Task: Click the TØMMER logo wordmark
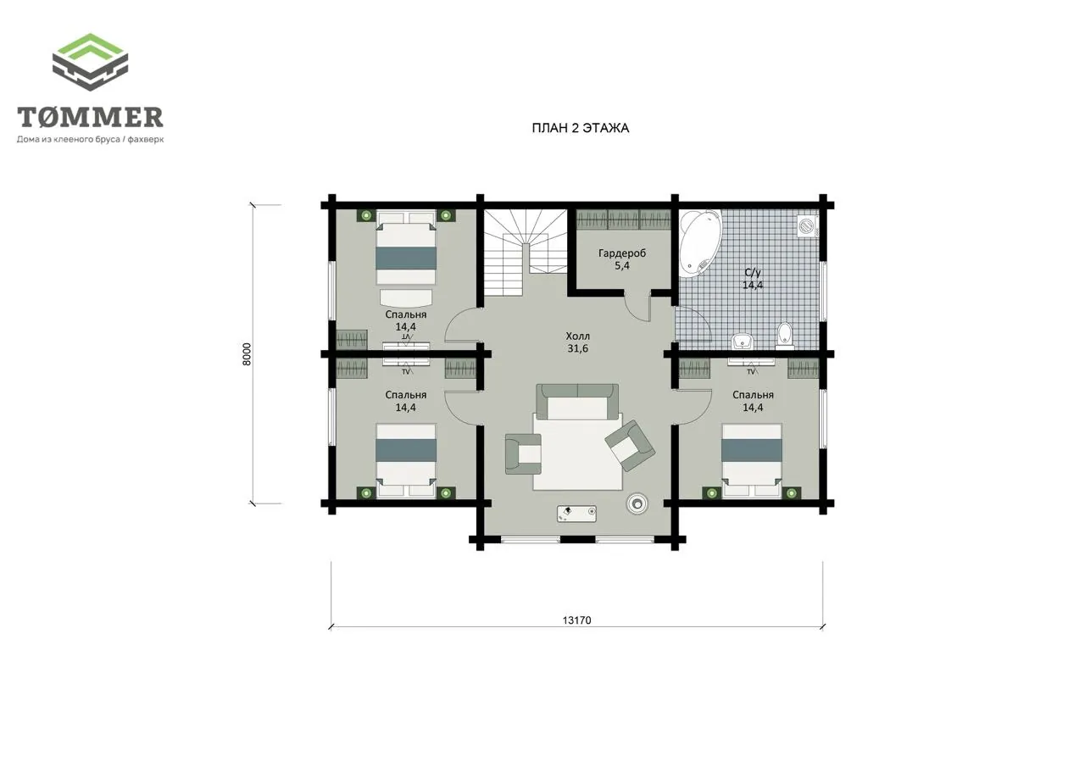point(90,117)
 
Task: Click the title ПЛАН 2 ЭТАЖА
point(581,128)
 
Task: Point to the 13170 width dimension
point(576,620)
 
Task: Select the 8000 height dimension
point(247,353)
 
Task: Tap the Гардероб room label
point(622,253)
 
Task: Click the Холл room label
point(578,336)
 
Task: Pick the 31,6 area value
point(578,348)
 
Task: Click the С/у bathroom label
point(753,273)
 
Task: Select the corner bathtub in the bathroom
point(700,243)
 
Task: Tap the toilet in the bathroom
point(784,335)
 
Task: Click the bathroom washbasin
point(742,341)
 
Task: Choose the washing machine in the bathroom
point(808,225)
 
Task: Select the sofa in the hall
point(577,402)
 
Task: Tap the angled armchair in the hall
point(630,446)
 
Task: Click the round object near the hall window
point(636,503)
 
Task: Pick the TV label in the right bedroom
point(751,372)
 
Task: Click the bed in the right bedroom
point(751,460)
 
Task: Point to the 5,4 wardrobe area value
point(622,266)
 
